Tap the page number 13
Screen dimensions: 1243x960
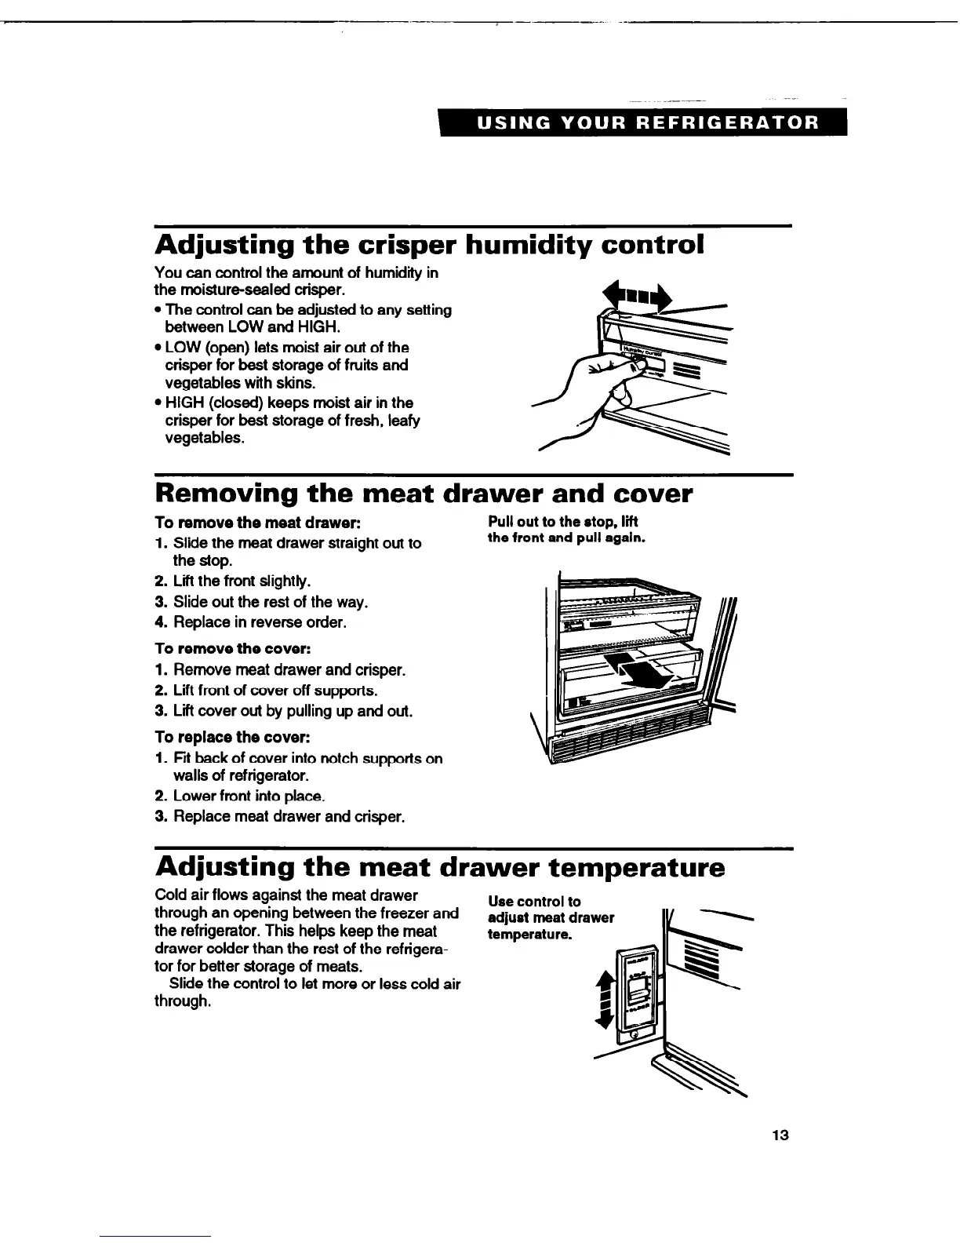click(779, 1135)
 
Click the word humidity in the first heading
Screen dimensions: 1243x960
click(528, 245)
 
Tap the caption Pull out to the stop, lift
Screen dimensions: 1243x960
click(564, 522)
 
